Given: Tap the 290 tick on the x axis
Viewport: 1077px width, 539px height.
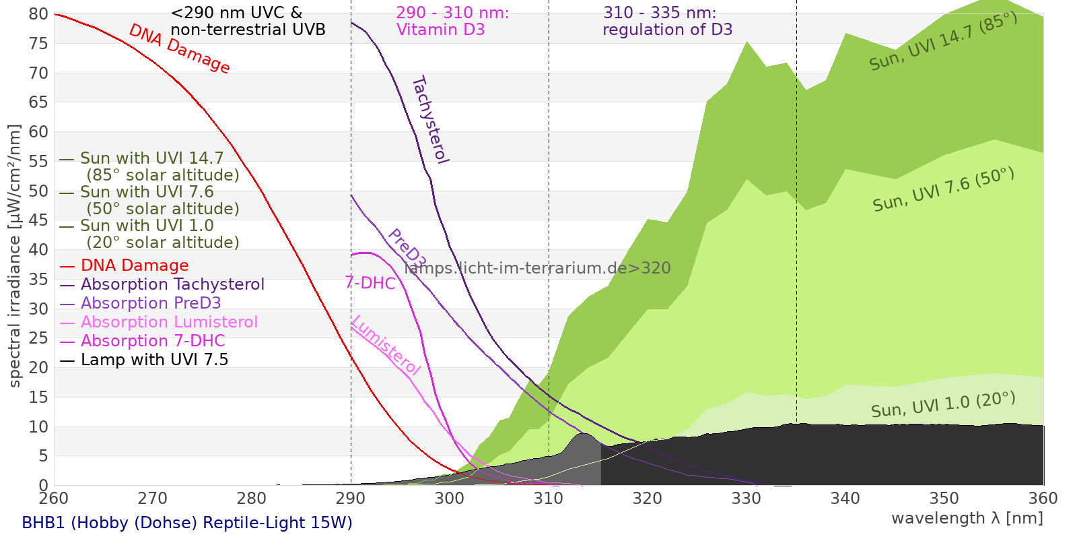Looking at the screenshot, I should (351, 499).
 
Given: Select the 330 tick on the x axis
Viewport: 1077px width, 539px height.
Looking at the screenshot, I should (746, 499).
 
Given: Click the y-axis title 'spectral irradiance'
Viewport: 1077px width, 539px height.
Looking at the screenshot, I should (15, 256).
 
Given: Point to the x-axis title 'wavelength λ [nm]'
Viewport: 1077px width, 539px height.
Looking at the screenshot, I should (967, 518).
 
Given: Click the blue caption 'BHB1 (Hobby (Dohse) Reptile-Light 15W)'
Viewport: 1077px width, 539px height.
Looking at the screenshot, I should (187, 523).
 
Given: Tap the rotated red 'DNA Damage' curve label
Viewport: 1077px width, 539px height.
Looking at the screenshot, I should (179, 49).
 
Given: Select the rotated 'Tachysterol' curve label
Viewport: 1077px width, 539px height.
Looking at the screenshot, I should (429, 120).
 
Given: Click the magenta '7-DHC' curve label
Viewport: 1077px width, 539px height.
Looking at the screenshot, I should (370, 283).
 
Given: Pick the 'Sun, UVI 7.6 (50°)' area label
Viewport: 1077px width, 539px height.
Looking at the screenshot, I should (943, 190).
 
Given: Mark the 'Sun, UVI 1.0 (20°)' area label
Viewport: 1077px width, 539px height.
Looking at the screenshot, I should (943, 405).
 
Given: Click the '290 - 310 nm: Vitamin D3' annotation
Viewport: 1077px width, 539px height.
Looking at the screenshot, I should (452, 22).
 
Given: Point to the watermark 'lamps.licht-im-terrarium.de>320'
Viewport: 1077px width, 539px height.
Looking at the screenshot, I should (537, 268).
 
